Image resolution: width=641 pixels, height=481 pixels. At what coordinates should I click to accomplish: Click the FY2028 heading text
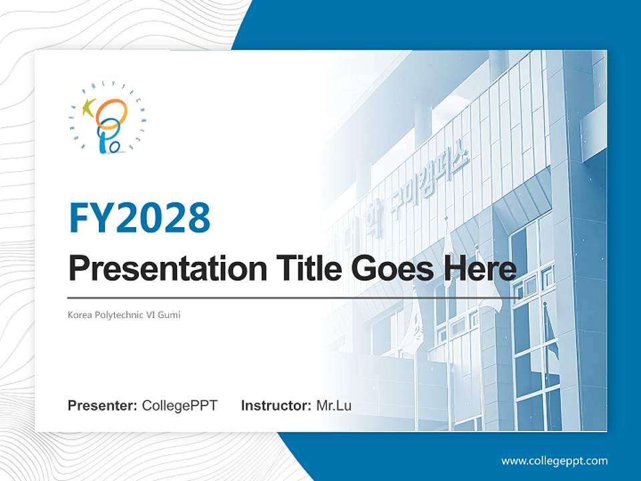pyautogui.click(x=140, y=218)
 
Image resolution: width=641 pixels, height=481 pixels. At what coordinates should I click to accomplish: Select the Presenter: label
pyautogui.click(x=103, y=406)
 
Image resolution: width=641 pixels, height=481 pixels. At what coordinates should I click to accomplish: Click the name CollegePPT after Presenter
pyautogui.click(x=180, y=406)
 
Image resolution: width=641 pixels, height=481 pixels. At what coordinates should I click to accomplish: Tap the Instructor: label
pyautogui.click(x=276, y=406)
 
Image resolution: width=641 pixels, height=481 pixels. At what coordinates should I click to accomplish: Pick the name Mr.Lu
pyautogui.click(x=334, y=406)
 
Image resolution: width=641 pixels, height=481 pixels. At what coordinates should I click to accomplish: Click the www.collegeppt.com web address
pyautogui.click(x=554, y=460)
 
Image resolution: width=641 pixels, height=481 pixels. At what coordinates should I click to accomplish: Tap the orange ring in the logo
pyautogui.click(x=111, y=112)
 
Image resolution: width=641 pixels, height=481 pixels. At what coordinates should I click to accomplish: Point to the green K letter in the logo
pyautogui.click(x=88, y=108)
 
